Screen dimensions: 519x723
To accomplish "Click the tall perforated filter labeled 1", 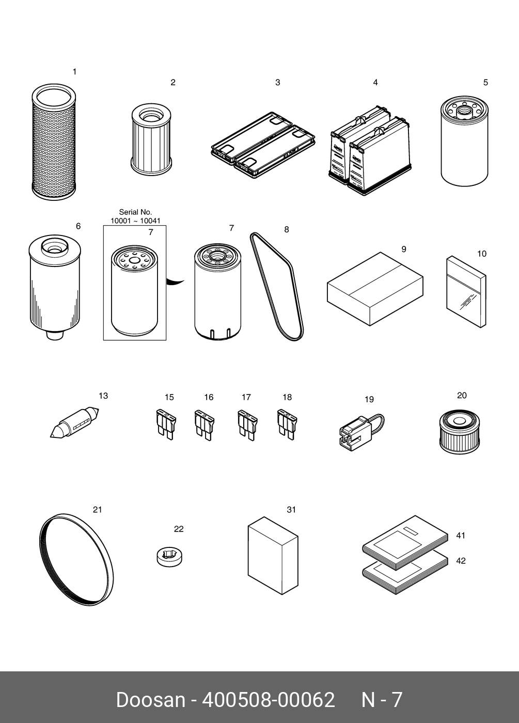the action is tap(54, 142).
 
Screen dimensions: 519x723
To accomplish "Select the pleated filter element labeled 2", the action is tap(151, 139).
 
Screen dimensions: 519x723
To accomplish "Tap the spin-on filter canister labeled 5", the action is tap(464, 141).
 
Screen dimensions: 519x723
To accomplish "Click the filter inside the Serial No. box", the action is tap(134, 290).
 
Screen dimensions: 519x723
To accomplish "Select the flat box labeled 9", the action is tap(375, 289).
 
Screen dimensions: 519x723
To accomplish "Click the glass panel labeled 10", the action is tap(466, 292).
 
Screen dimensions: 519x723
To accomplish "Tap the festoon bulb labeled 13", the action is tap(74, 422).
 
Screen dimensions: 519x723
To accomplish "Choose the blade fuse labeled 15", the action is tap(166, 424).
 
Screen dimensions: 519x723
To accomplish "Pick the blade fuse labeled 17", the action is tap(247, 425).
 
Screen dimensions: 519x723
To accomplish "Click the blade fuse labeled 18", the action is tap(287, 424).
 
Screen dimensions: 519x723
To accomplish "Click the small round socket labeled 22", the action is tap(169, 558).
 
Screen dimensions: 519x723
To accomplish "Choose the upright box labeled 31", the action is tap(273, 556).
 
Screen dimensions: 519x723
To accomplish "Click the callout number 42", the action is tap(461, 561).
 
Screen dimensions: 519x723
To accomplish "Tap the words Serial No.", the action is tap(135, 212).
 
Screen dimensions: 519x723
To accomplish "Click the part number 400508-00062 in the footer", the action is tap(268, 700).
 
